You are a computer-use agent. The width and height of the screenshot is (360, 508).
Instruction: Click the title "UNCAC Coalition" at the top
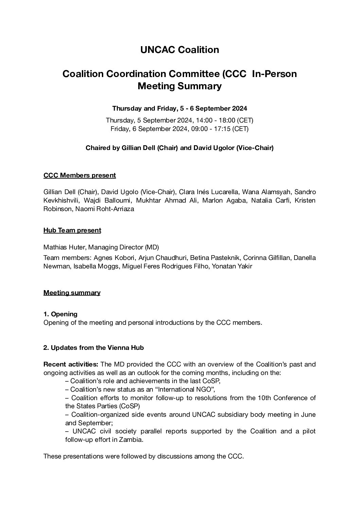[180, 50]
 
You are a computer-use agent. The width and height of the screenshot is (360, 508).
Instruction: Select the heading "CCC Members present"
[79, 175]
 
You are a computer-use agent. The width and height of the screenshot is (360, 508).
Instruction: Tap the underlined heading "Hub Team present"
[72, 230]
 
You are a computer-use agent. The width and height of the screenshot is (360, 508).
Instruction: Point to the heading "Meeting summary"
[72, 293]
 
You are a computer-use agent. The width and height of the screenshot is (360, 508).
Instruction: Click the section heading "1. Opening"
[60, 314]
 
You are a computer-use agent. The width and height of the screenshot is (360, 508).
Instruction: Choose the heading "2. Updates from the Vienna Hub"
[93, 347]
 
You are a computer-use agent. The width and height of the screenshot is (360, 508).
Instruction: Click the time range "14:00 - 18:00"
[217, 120]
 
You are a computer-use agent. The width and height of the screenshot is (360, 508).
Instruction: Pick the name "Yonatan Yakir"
[232, 266]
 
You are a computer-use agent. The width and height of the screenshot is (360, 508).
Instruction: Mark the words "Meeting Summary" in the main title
[180, 86]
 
